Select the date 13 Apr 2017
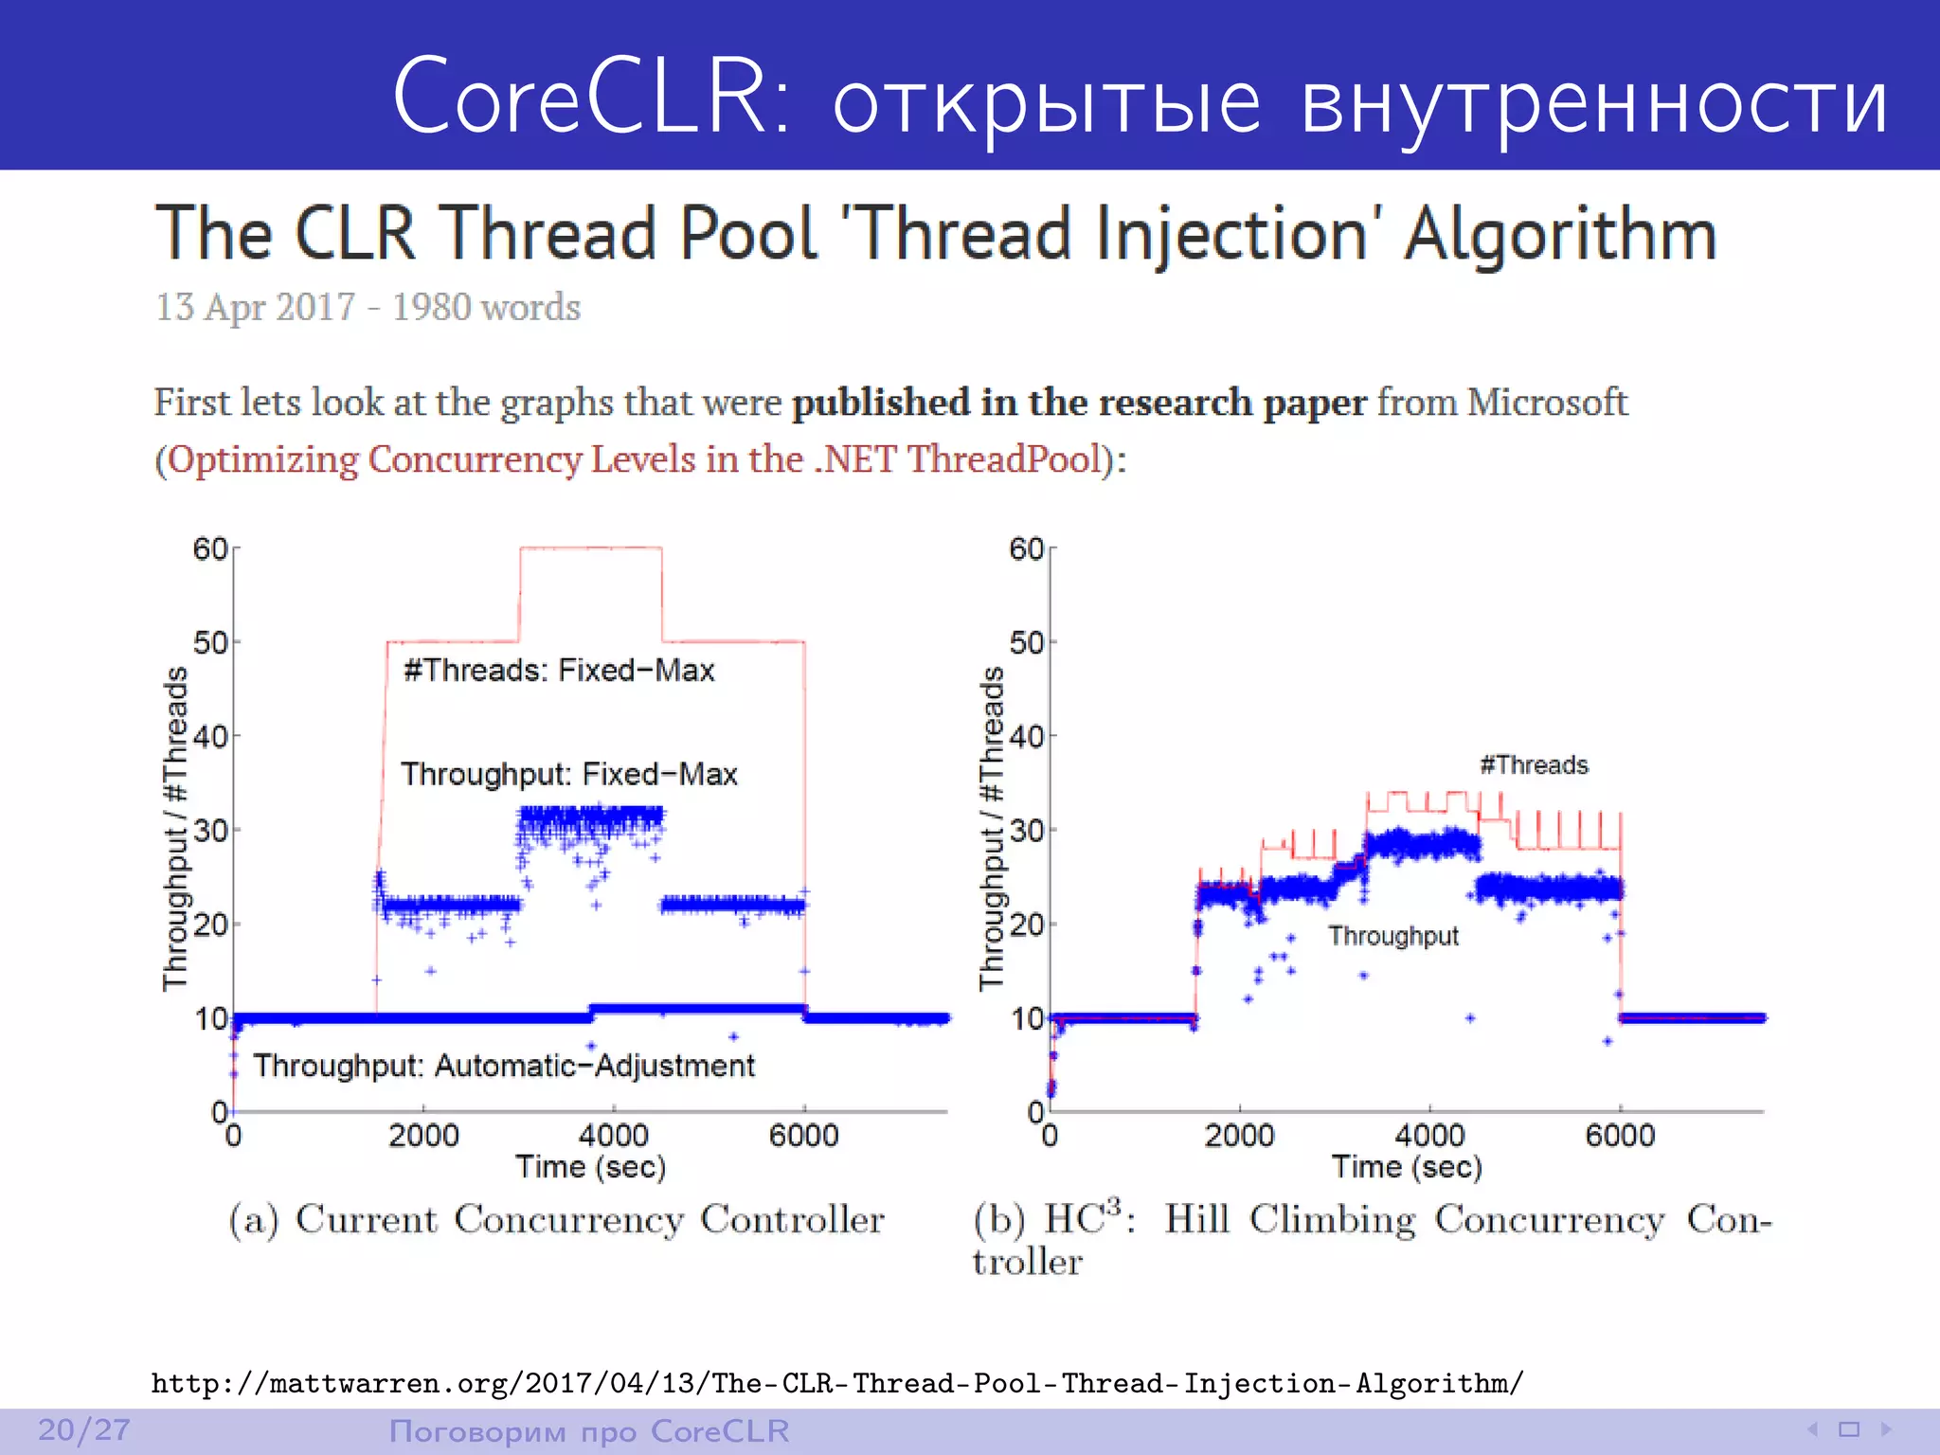point(255,307)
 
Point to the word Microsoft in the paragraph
point(1547,403)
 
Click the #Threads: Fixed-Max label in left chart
point(559,671)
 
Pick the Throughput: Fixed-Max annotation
point(568,774)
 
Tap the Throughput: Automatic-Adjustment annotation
point(503,1066)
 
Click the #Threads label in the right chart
point(1534,764)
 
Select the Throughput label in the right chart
point(1392,936)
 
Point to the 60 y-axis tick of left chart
point(210,548)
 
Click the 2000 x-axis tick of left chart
point(423,1135)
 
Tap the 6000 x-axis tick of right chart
point(1620,1135)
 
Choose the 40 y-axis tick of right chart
point(1027,736)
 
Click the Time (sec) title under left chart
point(590,1167)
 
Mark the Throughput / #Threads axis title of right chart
point(991,829)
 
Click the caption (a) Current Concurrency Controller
point(556,1219)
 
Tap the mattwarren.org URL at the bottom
point(837,1383)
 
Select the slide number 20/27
point(83,1429)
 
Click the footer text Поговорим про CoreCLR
point(589,1430)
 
